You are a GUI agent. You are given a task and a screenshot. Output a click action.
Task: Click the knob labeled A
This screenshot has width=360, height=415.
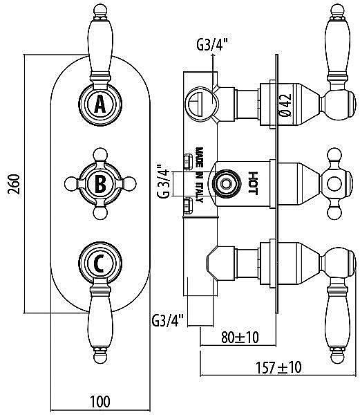coord(100,104)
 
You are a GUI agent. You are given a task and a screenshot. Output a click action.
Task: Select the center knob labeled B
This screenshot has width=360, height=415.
coord(100,183)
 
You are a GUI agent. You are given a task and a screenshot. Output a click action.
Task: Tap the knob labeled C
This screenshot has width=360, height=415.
coord(100,262)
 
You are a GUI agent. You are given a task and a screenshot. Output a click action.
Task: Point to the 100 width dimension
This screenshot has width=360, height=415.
coord(100,400)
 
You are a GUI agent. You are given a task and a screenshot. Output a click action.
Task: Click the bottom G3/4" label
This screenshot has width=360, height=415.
coord(167,320)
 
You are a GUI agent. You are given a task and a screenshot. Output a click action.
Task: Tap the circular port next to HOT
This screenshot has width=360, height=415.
coord(224,183)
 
